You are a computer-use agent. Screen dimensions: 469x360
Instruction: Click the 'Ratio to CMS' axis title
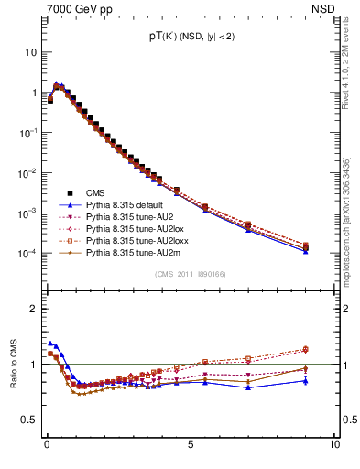pyautogui.click(x=14, y=361)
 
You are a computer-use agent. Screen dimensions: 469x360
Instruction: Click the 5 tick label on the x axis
pyautogui.click(x=190, y=444)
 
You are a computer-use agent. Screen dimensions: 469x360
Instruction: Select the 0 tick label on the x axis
pyautogui.click(x=47, y=444)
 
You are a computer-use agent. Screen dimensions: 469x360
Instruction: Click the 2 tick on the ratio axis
pyautogui.click(x=36, y=308)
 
